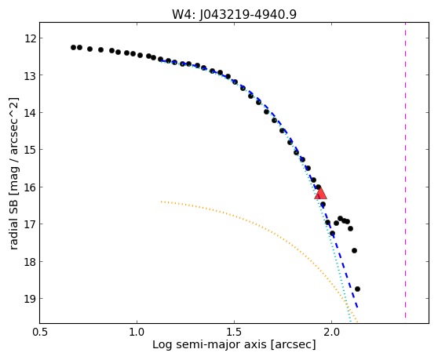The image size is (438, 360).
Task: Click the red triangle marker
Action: pyautogui.click(x=320, y=193)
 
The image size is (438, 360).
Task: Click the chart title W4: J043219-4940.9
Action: pyautogui.click(x=234, y=15)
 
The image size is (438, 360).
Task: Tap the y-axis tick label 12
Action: pyautogui.click(x=30, y=38)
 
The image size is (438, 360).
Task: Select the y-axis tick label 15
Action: pyautogui.click(x=30, y=150)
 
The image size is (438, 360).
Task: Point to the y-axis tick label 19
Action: pyautogui.click(x=30, y=299)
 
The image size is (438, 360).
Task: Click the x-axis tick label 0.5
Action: pyautogui.click(x=40, y=333)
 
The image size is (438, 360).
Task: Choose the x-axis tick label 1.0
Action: pyautogui.click(x=137, y=333)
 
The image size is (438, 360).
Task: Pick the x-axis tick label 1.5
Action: pyautogui.click(x=234, y=333)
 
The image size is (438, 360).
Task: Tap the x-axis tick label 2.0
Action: pyautogui.click(x=331, y=333)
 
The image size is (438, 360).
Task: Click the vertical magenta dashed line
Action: pyautogui.click(x=405, y=170)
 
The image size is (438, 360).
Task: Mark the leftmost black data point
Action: pyautogui.click(x=74, y=47)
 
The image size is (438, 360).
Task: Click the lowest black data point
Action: pyautogui.click(x=357, y=289)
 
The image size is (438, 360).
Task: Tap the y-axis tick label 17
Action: pyautogui.click(x=30, y=224)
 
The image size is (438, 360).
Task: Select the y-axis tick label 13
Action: pyautogui.click(x=30, y=75)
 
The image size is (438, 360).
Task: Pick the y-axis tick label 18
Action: pyautogui.click(x=30, y=262)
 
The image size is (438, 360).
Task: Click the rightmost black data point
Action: pyautogui.click(x=357, y=289)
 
